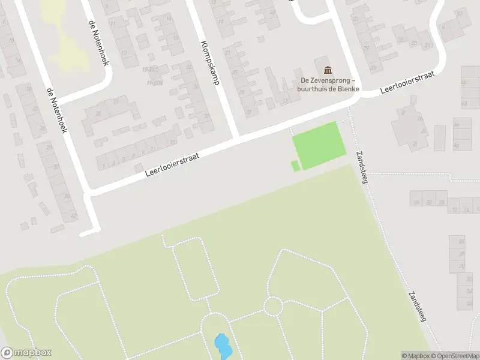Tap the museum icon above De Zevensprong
click(327, 70)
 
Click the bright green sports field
click(319, 145)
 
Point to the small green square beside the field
click(295, 166)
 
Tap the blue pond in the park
click(223, 346)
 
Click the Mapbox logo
click(26, 353)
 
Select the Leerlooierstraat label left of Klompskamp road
click(172, 163)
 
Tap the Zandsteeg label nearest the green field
click(365, 165)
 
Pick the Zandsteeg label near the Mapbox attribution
click(416, 307)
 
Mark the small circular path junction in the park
click(273, 306)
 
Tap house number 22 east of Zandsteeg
click(428, 202)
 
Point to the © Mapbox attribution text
click(416, 356)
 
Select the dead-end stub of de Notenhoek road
click(89, 232)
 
